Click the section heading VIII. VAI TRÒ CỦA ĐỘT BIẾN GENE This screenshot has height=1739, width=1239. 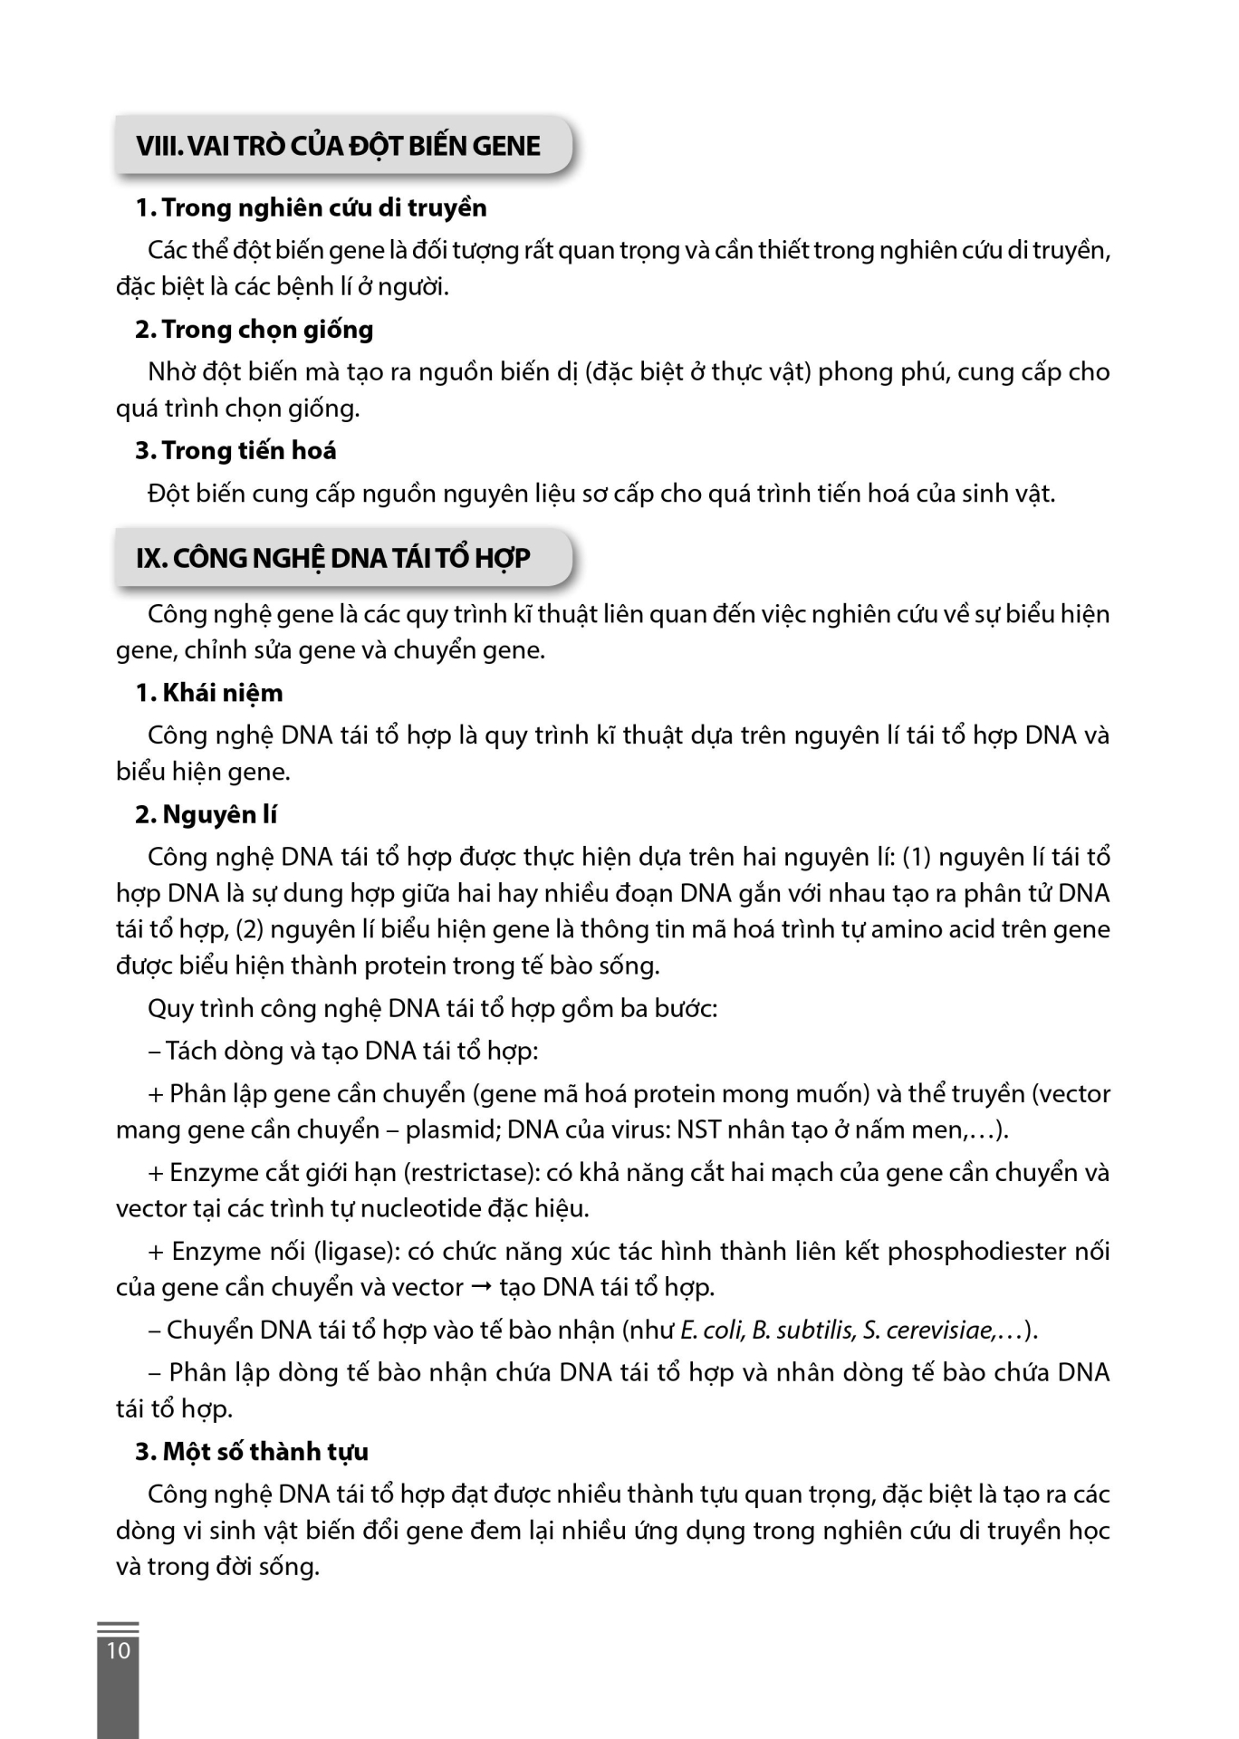(x=338, y=146)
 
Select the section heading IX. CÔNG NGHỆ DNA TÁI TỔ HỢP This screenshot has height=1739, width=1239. (x=333, y=558)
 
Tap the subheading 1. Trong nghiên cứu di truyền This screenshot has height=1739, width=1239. (x=311, y=208)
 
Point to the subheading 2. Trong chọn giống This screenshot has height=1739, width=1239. (x=254, y=330)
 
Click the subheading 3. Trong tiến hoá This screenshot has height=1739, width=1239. (x=235, y=451)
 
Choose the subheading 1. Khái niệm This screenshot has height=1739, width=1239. (x=209, y=693)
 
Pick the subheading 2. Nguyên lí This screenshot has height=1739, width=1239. (x=206, y=815)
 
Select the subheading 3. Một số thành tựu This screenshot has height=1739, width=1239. (x=252, y=1452)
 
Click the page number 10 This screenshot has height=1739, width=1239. (x=119, y=1650)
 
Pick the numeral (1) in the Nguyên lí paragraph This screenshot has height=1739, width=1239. (x=917, y=858)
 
